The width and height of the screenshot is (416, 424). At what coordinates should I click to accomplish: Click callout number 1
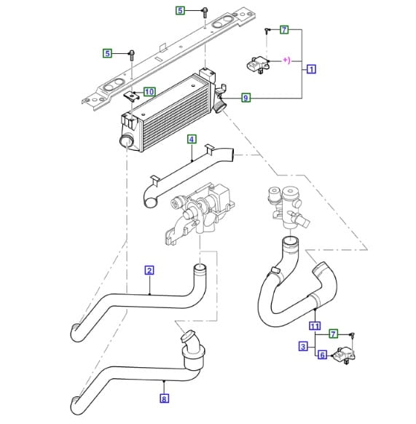coord(311,69)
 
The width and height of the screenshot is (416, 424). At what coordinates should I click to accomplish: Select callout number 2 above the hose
coord(149,270)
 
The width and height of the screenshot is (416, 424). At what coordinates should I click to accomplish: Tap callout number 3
coord(303,346)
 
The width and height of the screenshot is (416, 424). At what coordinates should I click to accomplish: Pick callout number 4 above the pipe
coord(192,140)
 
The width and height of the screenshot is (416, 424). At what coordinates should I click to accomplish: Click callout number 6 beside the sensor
coord(322,355)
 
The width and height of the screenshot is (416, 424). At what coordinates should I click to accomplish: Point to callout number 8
coord(164,399)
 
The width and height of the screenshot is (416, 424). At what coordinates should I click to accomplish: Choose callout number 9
coord(246,98)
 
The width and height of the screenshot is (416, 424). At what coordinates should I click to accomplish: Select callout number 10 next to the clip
coord(149,92)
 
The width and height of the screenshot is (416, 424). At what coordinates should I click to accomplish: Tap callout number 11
coord(315,326)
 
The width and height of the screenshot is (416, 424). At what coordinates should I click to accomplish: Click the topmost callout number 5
coord(180,10)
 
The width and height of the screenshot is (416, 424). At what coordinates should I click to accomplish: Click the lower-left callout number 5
coord(107,53)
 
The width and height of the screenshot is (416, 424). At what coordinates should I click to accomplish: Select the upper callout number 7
coord(284,29)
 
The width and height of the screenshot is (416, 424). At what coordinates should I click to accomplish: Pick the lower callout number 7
coord(333,334)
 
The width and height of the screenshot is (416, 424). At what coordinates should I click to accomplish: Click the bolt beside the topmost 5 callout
coord(205,12)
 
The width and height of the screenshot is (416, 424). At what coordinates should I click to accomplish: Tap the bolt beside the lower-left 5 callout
coord(132,55)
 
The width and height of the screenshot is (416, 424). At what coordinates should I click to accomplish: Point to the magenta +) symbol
coord(287,60)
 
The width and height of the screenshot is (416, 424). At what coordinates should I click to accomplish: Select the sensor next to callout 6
coord(345,356)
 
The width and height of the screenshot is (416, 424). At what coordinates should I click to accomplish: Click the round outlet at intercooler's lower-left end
coord(125,141)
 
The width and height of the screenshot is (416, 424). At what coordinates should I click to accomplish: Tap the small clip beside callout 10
coord(131,95)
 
